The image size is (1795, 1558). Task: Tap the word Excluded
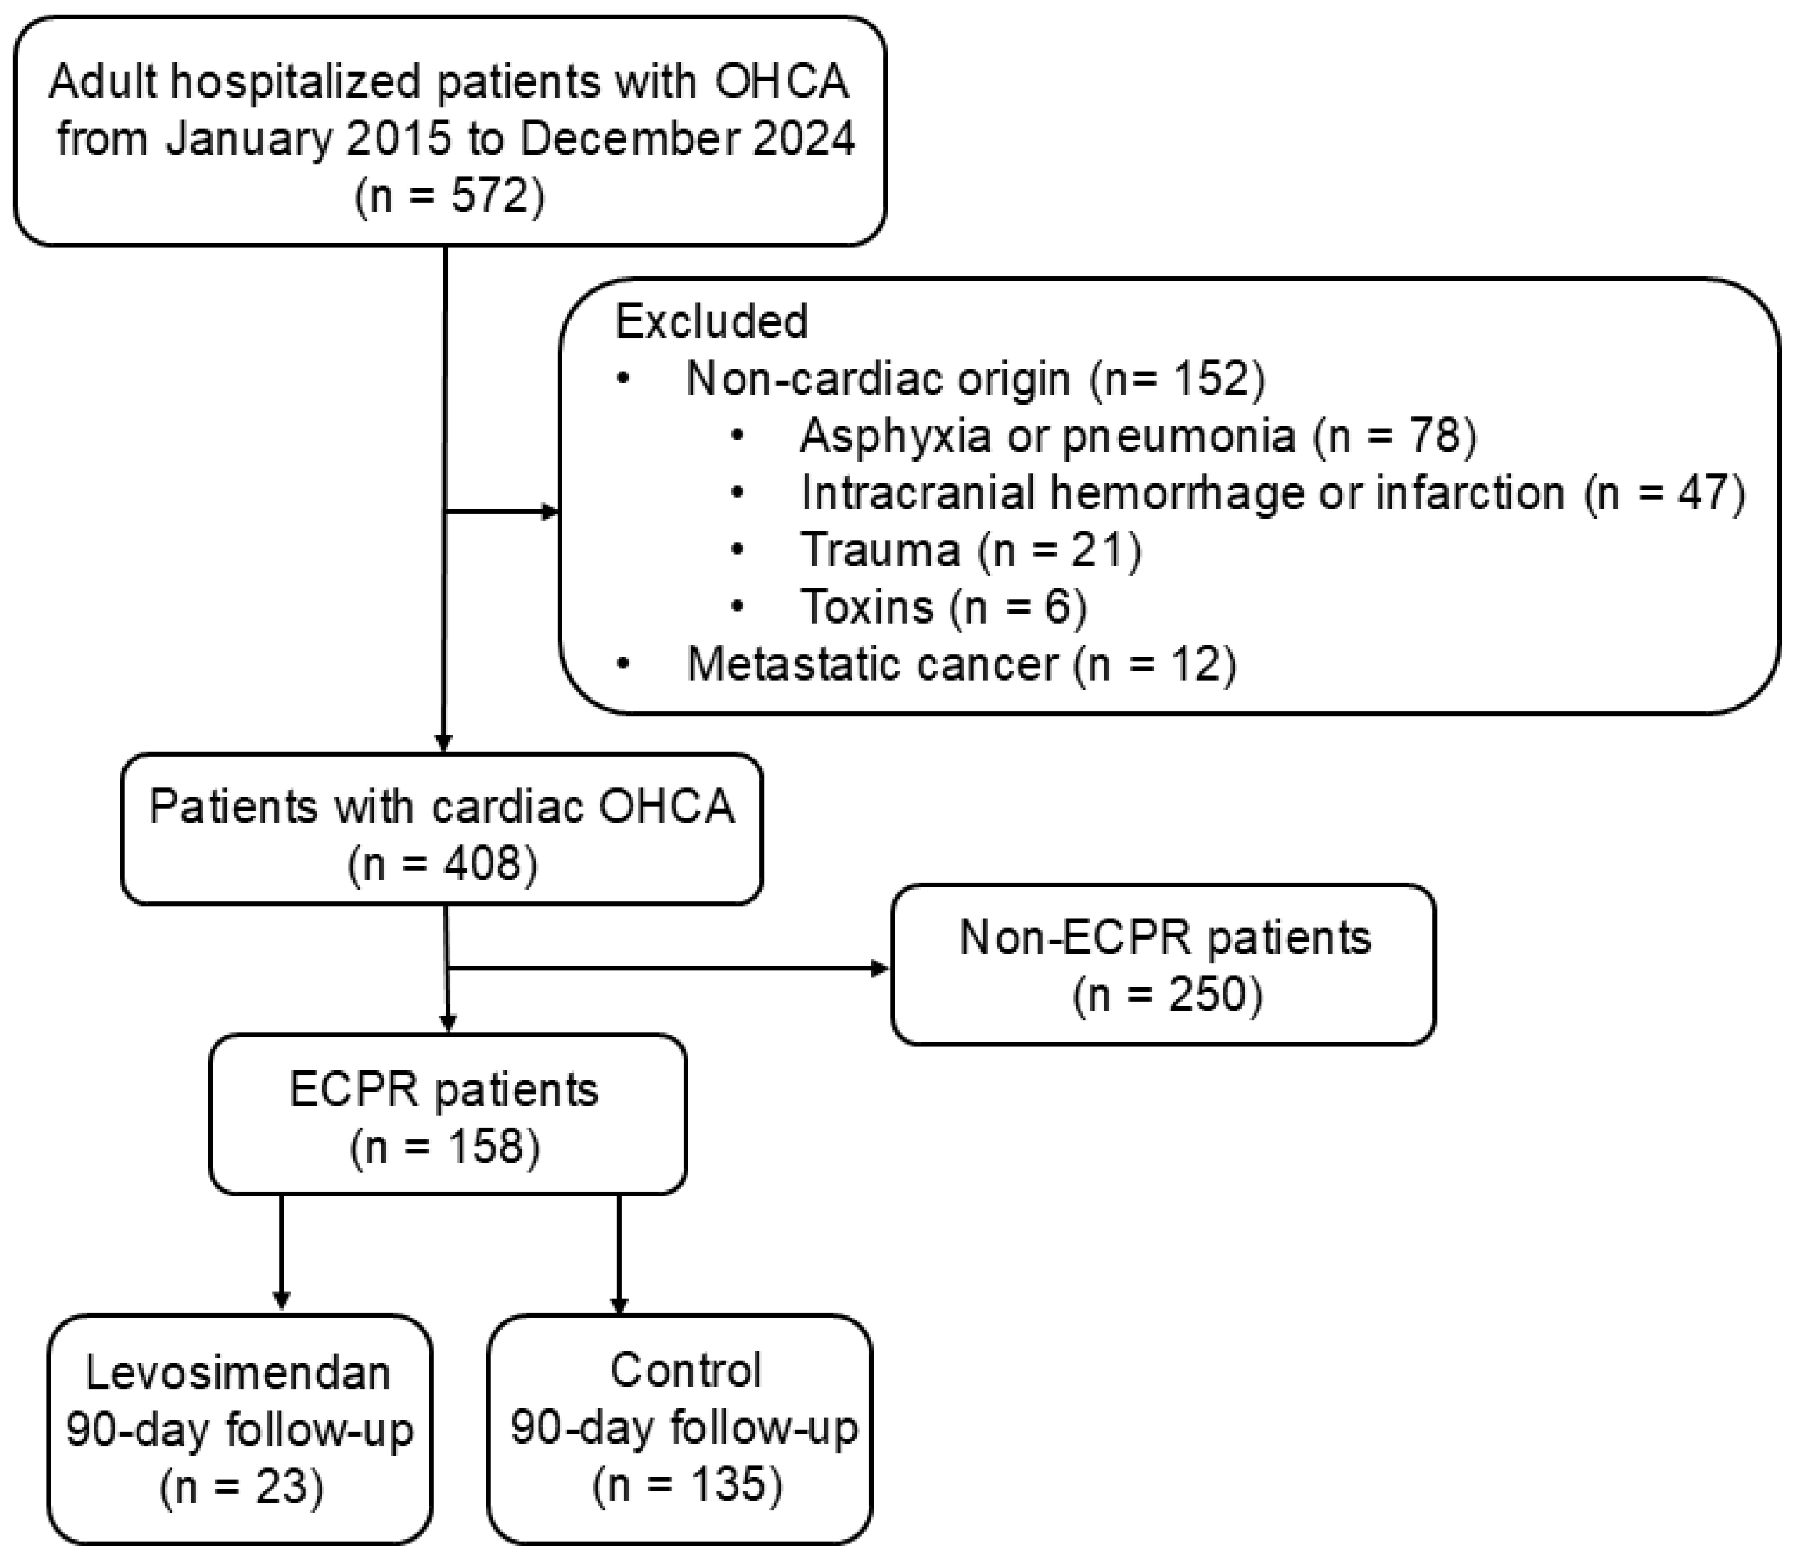(x=711, y=321)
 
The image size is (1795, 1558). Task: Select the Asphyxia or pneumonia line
(x=1137, y=435)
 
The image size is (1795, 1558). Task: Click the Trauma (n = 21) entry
(x=970, y=549)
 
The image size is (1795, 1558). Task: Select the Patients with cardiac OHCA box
(x=442, y=828)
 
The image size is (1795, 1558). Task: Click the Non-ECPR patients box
(x=1163, y=964)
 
